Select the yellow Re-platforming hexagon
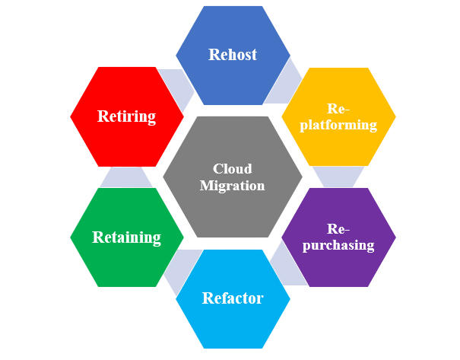[338, 116]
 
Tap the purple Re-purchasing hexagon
[338, 237]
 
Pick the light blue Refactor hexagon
[233, 298]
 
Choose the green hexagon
[126, 237]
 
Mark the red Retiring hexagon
[126, 116]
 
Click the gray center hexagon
[233, 177]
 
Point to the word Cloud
[232, 168]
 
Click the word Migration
[232, 185]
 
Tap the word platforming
[338, 125]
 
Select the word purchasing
[338, 245]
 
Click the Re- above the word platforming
[338, 108]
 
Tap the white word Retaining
[126, 237]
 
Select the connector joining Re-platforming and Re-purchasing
[338, 177]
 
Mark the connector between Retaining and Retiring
[126, 177]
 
